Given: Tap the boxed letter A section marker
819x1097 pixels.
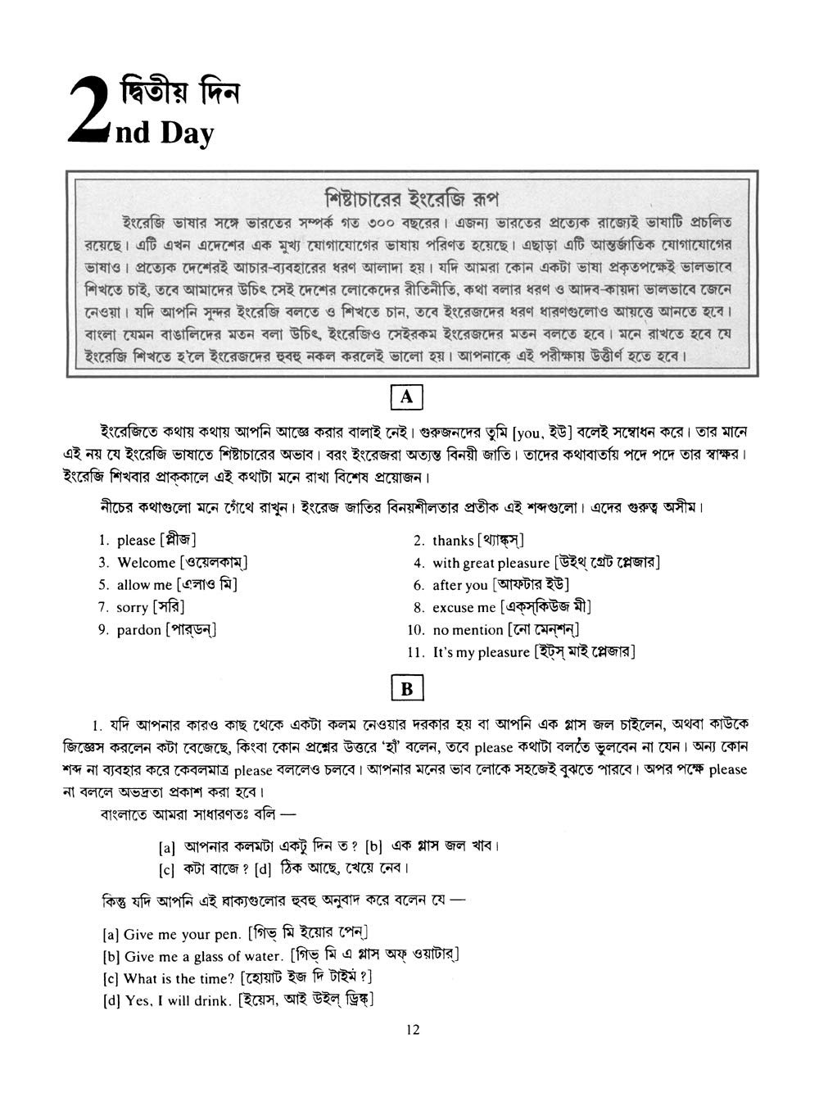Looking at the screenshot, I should coord(407,398).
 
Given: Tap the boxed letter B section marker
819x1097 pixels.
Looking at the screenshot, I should coord(407,689).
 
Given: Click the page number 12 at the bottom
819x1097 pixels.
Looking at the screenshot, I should coord(412,1030).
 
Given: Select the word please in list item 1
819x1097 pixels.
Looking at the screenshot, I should coord(136,541).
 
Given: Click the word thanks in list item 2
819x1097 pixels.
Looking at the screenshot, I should coord(453,541).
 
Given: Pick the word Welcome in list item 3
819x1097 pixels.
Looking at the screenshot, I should coord(147,563).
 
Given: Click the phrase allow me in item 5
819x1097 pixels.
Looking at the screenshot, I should coord(144,585).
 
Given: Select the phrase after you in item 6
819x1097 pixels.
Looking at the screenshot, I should coord(459,586).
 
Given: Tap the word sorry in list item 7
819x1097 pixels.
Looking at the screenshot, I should coord(133,608).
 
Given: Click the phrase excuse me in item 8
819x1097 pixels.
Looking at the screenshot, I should coord(464,608).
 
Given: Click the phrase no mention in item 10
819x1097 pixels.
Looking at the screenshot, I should coord(468,630).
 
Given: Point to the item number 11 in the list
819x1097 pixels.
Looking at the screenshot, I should coord(415,653).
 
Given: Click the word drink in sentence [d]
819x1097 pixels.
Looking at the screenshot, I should coord(212,1000).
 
